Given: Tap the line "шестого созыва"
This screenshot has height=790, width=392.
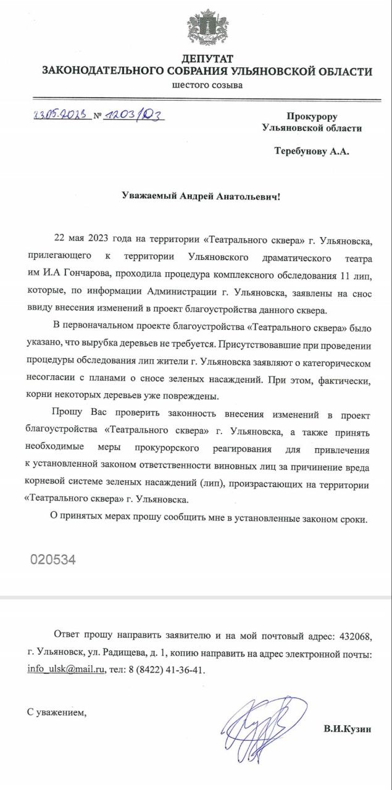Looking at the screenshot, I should (207, 85).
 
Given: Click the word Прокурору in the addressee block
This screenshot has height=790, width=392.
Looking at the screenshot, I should (312, 116).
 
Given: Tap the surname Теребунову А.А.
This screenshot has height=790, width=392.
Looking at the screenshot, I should (311, 151).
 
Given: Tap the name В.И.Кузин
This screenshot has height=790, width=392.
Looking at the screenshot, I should (348, 730).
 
